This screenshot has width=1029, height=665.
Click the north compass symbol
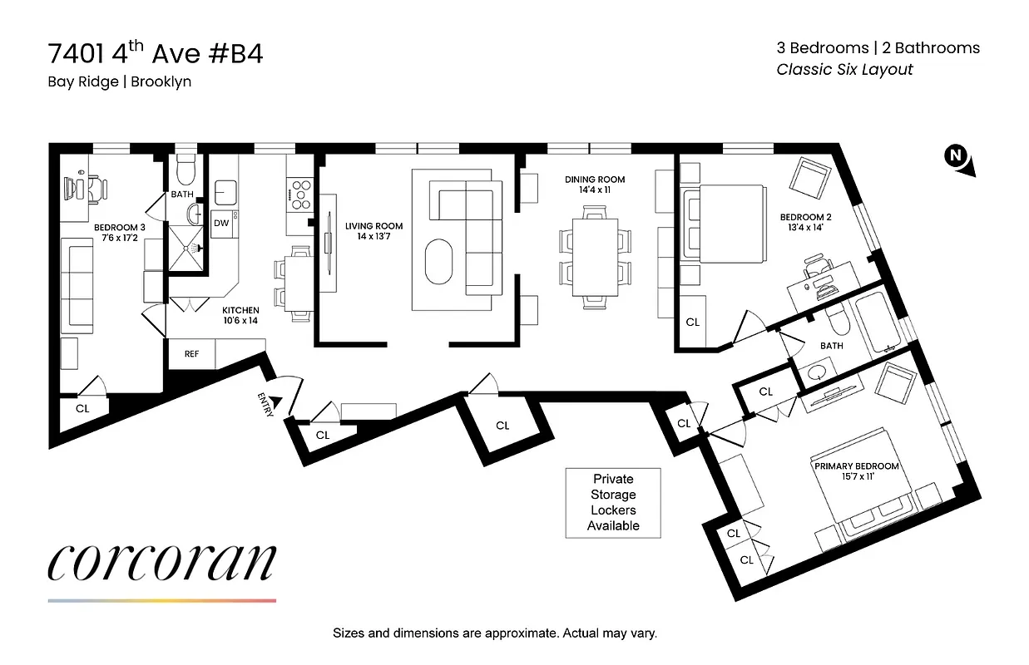[957, 158]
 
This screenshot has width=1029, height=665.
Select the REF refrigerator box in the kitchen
[191, 353]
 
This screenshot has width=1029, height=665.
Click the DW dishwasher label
[221, 223]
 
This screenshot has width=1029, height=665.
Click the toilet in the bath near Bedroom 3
[185, 170]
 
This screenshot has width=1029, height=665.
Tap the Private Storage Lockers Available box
[612, 502]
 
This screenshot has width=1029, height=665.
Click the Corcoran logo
[161, 564]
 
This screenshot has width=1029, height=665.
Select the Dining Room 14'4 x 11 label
[594, 185]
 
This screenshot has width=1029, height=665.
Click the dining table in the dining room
[595, 258]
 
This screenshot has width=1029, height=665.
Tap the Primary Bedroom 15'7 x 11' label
[856, 472]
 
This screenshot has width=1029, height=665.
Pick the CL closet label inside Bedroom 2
[692, 322]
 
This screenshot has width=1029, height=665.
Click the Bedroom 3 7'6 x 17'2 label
[119, 234]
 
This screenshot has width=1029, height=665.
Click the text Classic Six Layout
[844, 70]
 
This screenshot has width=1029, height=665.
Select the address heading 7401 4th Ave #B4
[156, 54]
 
